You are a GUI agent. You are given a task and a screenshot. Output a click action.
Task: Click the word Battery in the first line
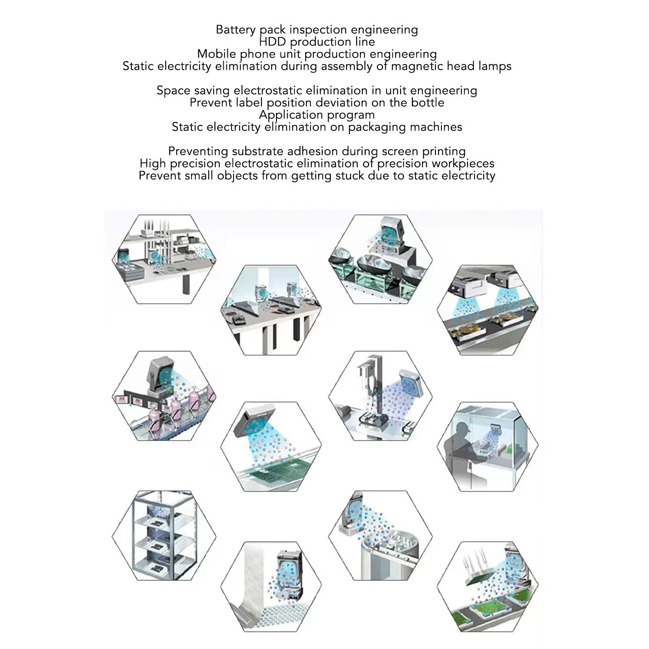(236, 30)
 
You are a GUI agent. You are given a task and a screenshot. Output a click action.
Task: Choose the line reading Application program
(317, 115)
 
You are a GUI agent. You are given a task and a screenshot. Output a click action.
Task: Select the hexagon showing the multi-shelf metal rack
(164, 535)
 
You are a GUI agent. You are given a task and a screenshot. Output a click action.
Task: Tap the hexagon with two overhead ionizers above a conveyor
(488, 310)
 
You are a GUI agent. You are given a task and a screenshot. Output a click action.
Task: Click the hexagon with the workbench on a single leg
(164, 259)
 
